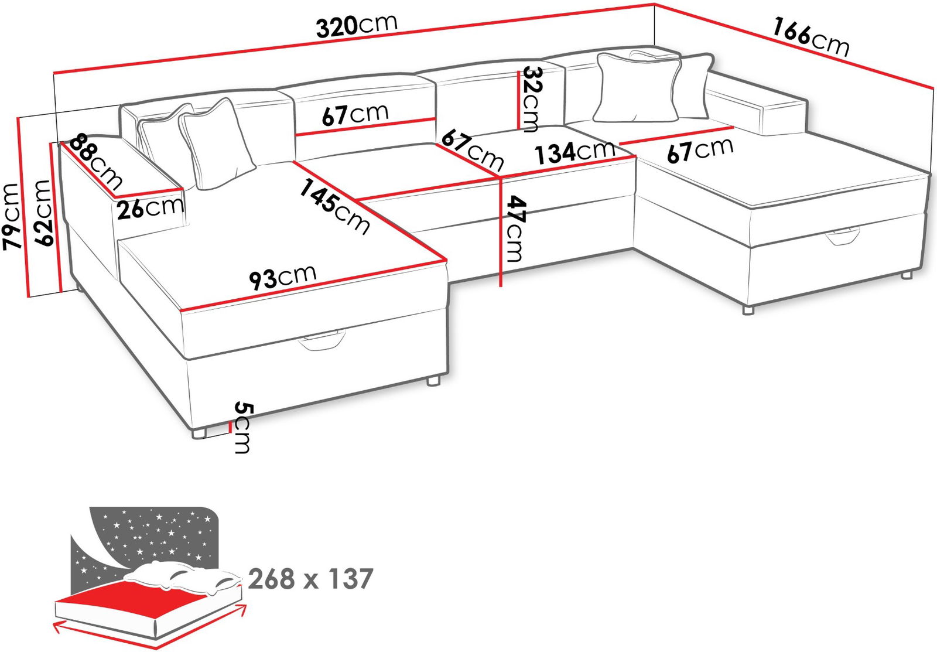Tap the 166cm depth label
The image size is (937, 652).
(x=811, y=37)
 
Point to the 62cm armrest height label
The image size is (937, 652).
(x=43, y=213)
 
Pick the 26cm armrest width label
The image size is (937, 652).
(x=151, y=207)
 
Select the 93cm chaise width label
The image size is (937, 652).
(x=283, y=276)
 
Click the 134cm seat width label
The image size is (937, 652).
(x=575, y=152)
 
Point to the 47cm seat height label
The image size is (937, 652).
(x=515, y=228)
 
